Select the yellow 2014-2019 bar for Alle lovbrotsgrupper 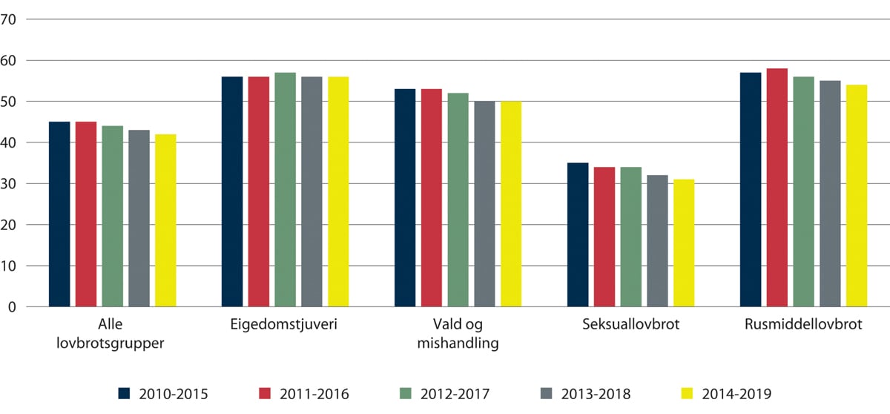tap(165, 220)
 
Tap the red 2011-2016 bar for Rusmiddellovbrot tap(777, 187)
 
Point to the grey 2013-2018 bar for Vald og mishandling tap(485, 204)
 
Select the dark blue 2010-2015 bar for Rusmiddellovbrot tap(751, 189)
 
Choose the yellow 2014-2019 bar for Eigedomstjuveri tap(338, 191)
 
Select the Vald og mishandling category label tap(458, 335)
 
